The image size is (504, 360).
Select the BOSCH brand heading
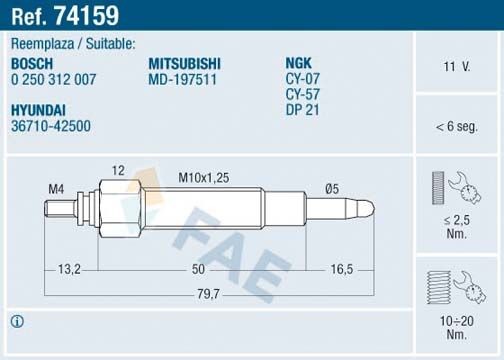(33, 63)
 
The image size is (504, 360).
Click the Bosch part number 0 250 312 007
(53, 79)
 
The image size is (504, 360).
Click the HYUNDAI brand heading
(38, 110)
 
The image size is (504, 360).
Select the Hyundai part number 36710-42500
(50, 126)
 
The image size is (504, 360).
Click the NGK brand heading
(300, 63)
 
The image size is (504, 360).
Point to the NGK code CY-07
(303, 79)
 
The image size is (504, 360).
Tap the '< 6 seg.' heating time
(456, 126)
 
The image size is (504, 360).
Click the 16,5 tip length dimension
(343, 270)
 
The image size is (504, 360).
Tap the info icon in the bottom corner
(17, 322)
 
